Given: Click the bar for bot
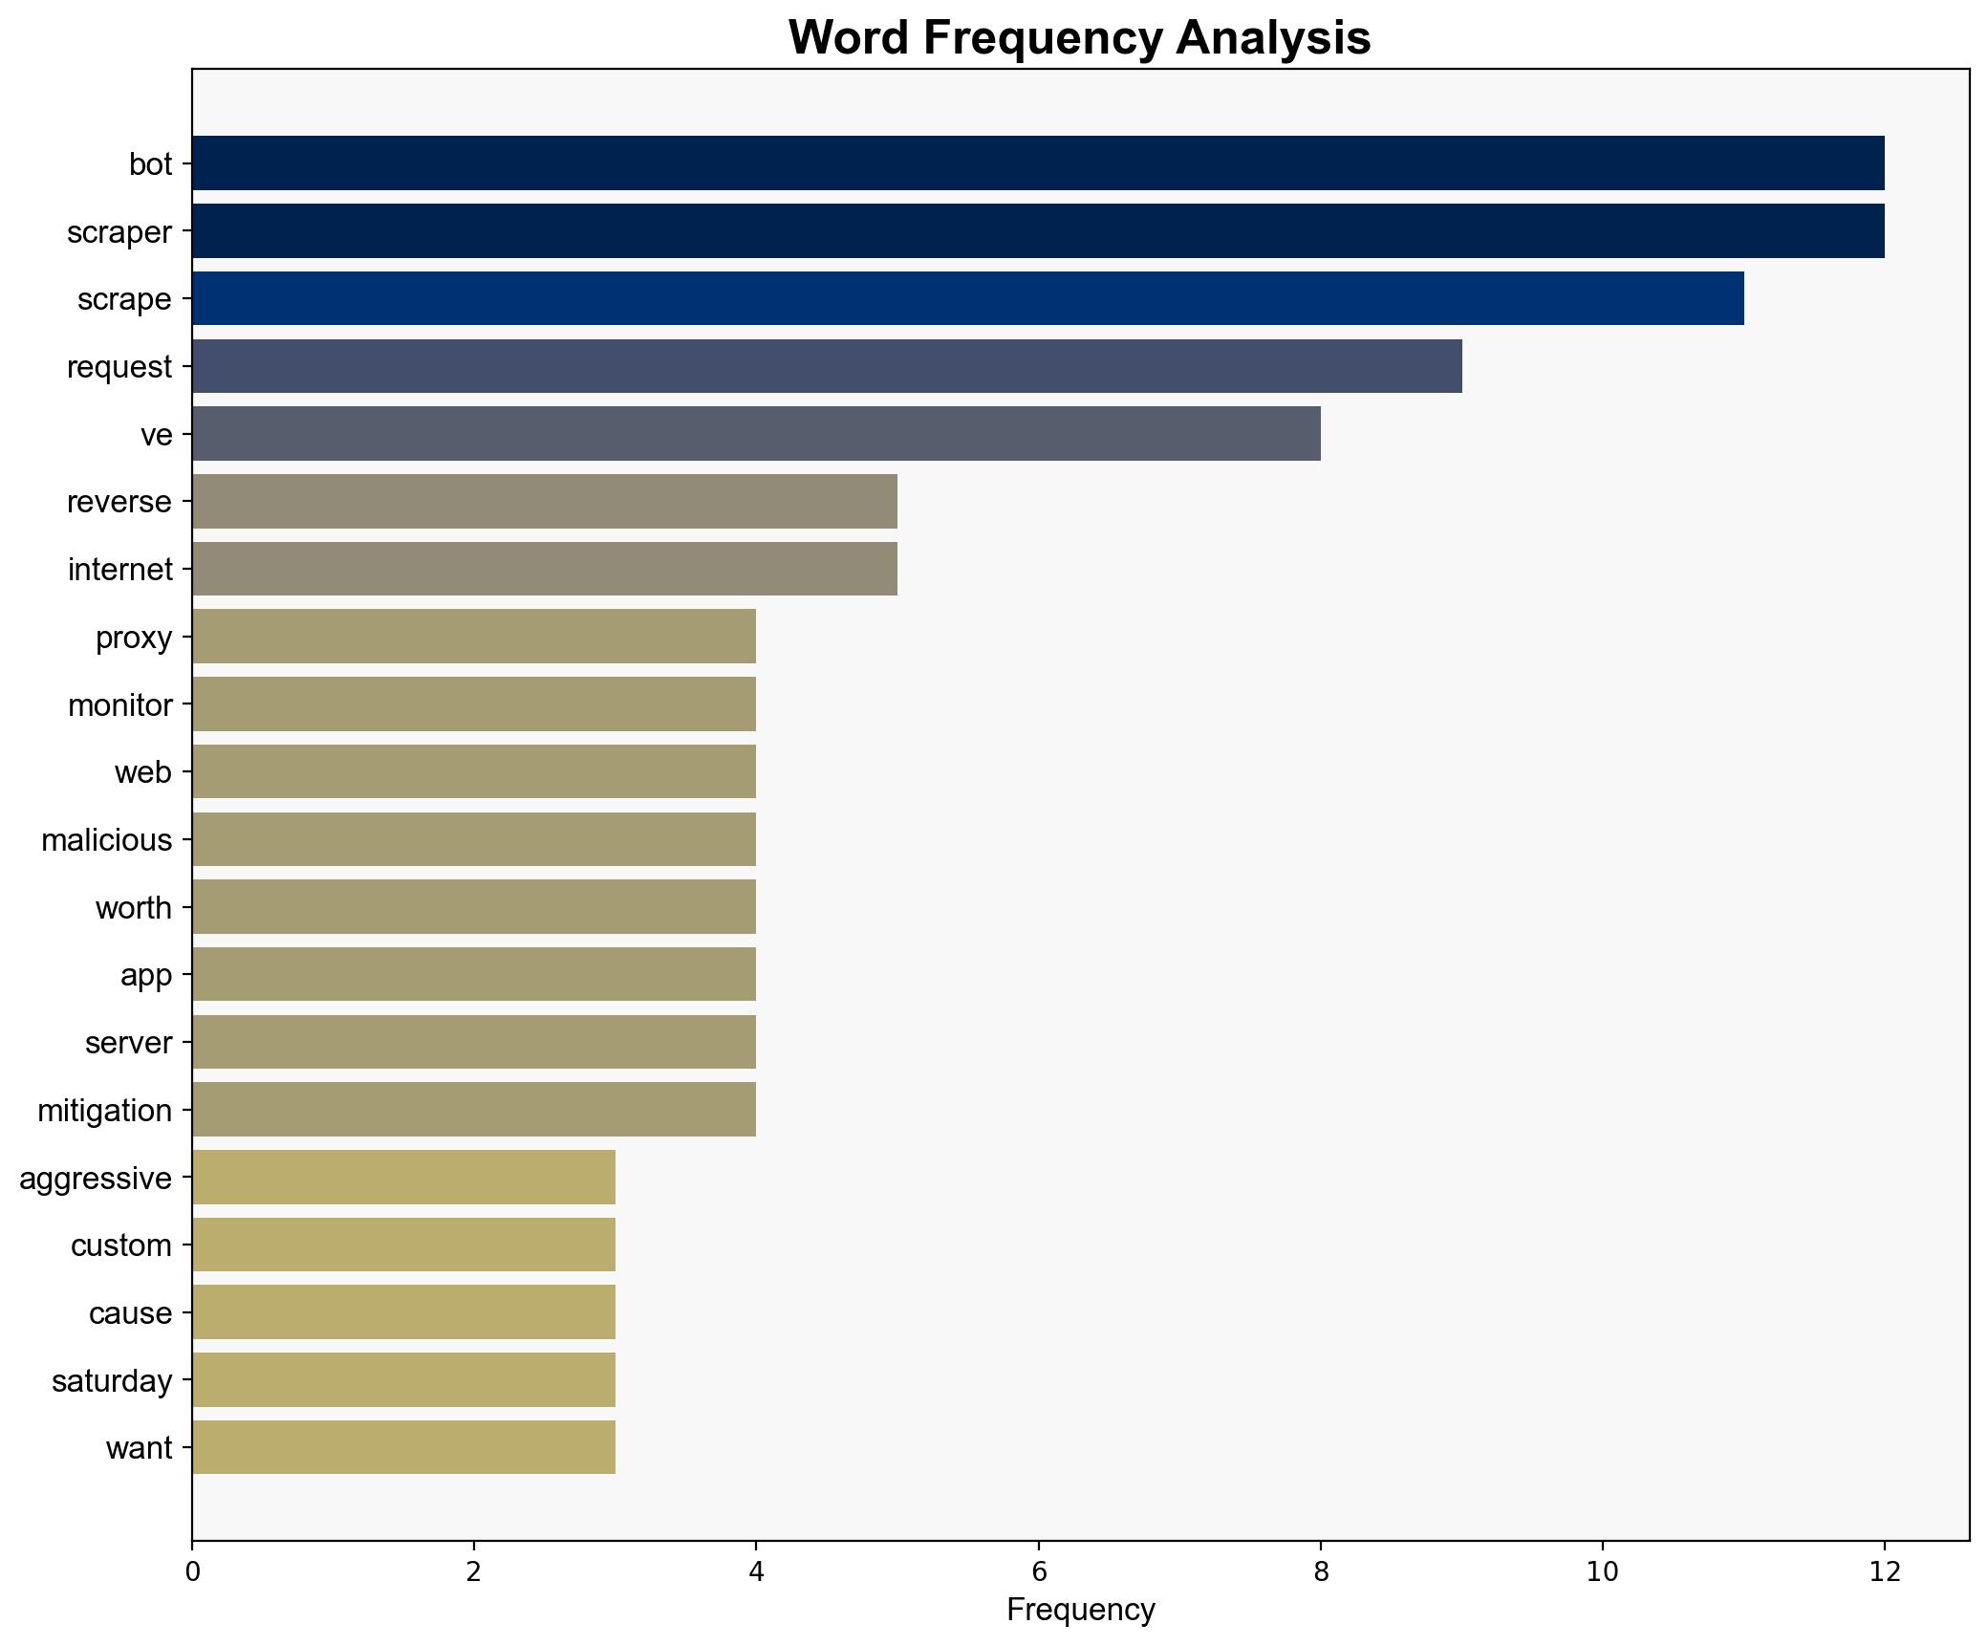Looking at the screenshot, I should (x=1038, y=163).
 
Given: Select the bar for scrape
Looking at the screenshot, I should (x=967, y=298).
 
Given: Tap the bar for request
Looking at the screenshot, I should (x=827, y=366).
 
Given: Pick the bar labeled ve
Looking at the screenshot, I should (x=756, y=434).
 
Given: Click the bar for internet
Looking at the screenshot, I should (x=545, y=569).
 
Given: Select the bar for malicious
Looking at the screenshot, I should (x=474, y=839).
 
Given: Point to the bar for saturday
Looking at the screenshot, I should (x=403, y=1379).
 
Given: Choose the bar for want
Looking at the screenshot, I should (x=403, y=1447).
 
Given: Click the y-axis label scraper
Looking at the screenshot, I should (x=119, y=232).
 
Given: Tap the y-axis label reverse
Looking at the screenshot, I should (x=119, y=502).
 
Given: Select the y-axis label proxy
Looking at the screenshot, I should (x=134, y=638).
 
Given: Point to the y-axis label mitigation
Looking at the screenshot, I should (x=105, y=1111).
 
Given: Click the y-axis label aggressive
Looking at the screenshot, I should (x=96, y=1179).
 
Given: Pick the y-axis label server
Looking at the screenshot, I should (x=129, y=1043).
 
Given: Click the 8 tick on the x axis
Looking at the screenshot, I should (x=1321, y=1571).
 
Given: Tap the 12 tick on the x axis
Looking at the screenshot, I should (x=1884, y=1571).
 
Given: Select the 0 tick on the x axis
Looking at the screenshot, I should (x=192, y=1571).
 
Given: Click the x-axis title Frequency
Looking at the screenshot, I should (x=1081, y=1610).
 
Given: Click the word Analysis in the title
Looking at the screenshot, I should (x=1273, y=38).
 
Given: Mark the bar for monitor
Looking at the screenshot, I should (x=474, y=704).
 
